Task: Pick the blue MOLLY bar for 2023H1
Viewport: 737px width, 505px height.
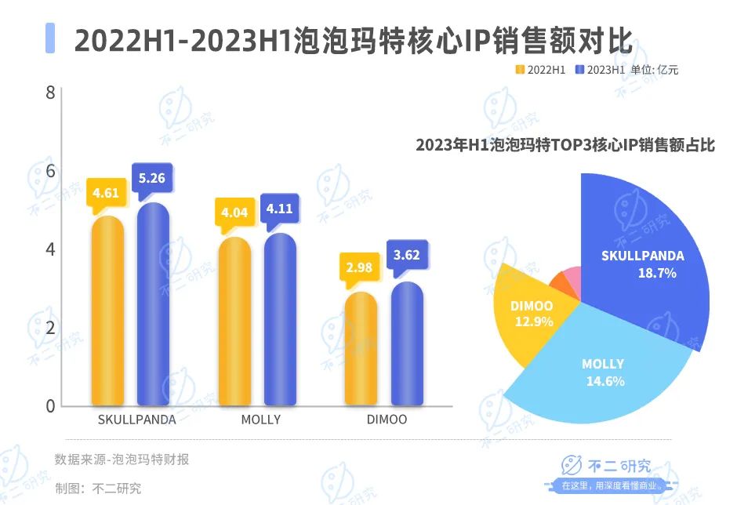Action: click(x=279, y=318)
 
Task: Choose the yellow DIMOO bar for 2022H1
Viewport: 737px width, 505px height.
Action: click(x=360, y=348)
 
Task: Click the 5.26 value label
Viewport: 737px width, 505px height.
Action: click(x=151, y=179)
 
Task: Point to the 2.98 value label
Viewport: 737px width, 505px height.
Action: click(x=358, y=269)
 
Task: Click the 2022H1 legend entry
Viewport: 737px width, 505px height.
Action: click(x=540, y=70)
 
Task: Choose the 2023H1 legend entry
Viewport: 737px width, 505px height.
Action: click(x=601, y=70)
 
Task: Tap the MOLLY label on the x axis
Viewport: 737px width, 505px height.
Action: click(x=261, y=420)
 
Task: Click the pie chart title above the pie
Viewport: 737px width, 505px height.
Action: click(x=565, y=145)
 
